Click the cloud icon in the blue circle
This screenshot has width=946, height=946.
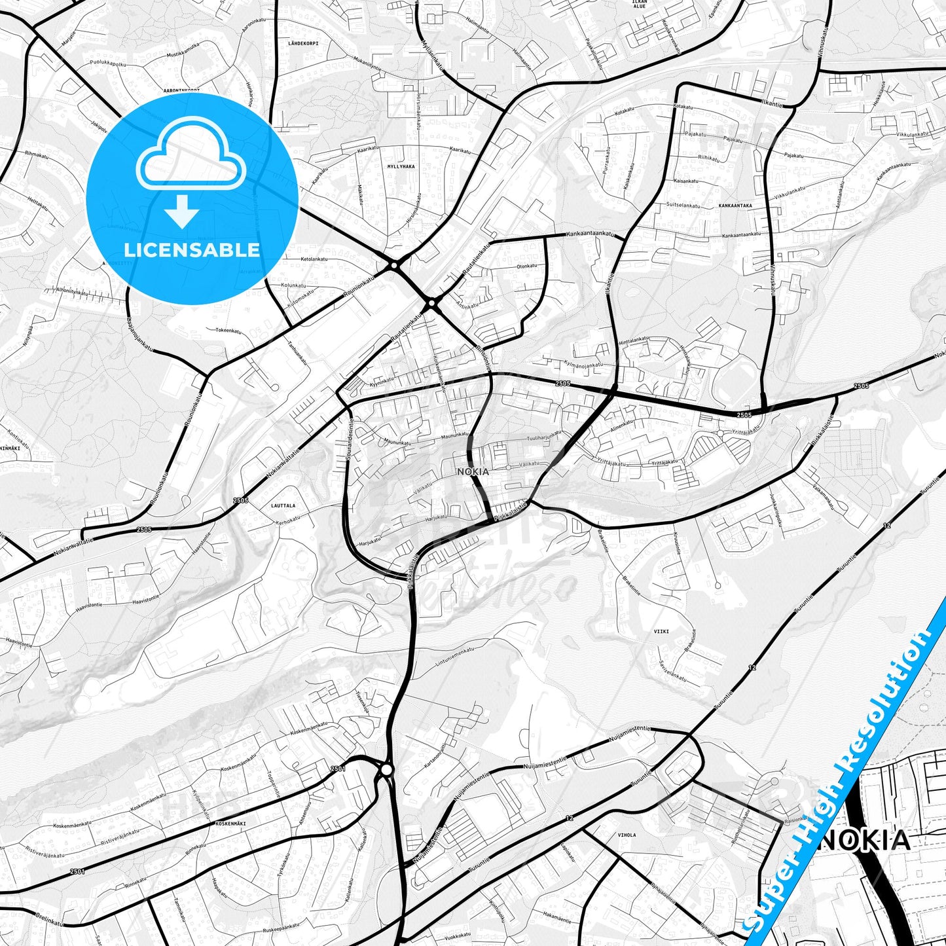tap(191, 159)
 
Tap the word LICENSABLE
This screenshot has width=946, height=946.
tap(192, 249)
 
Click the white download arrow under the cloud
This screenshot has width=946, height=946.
tap(182, 213)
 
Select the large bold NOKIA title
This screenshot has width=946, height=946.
tap(864, 840)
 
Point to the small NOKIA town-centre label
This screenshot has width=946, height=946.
tap(473, 471)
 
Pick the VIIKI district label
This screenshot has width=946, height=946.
tap(661, 631)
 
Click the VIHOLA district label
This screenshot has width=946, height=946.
tap(627, 835)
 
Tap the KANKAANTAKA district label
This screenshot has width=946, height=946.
tap(735, 206)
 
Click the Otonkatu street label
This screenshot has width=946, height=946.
tap(527, 266)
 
